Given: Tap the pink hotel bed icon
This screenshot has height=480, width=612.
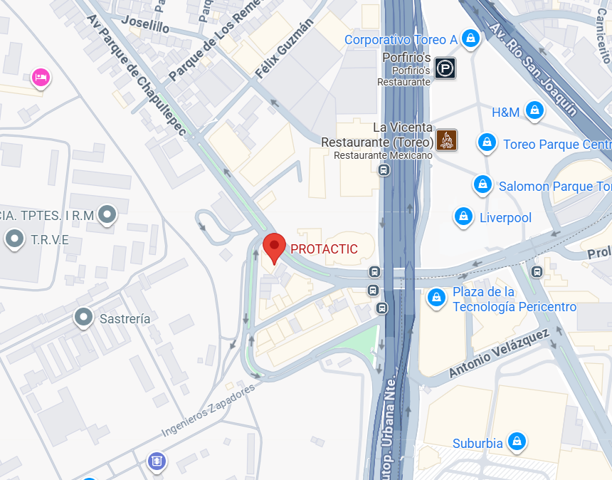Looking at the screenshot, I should click(x=41, y=77).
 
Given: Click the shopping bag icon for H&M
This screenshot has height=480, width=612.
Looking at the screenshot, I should click(x=534, y=110).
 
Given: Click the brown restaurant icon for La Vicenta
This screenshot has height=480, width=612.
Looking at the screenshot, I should click(x=446, y=140).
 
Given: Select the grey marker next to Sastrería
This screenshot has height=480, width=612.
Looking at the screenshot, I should click(x=84, y=317).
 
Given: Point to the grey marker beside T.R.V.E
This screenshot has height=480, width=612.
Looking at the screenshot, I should click(x=14, y=239).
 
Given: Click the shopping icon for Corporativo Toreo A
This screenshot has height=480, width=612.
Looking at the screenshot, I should click(x=470, y=38).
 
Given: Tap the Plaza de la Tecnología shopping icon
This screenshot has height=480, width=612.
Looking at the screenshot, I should click(x=436, y=298).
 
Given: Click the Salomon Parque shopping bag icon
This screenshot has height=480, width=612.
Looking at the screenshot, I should click(x=482, y=185).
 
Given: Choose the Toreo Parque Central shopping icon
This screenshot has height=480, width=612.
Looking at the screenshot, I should click(x=487, y=143).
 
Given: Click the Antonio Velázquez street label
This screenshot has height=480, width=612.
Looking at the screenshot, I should click(x=499, y=353).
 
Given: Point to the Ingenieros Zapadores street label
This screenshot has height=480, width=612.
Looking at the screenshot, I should click(x=208, y=411).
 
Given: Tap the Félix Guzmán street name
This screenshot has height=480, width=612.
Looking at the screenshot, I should click(x=285, y=49).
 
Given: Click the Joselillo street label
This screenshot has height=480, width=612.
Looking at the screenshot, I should click(x=145, y=24).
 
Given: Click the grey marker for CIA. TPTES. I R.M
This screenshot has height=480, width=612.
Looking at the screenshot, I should click(x=107, y=214).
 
